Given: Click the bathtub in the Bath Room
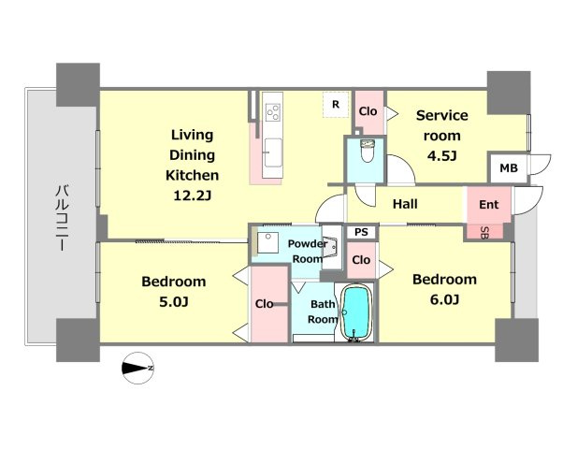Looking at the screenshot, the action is point(356,312).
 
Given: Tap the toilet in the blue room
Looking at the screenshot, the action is point(368,151).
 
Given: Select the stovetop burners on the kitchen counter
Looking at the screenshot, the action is point(273,111).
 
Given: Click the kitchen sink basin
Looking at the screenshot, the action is point(273,152).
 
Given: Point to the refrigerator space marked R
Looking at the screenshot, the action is point(335,105).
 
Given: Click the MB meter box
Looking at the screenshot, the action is point(508,168).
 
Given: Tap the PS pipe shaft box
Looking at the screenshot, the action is point(361,232).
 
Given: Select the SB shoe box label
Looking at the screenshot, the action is point(484,232).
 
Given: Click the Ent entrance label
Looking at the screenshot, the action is point(489,204).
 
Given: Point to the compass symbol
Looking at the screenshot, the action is point(137,368).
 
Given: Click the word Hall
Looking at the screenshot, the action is point(405,204).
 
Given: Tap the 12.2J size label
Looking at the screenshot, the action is point(192,196).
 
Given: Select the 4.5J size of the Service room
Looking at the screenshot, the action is point(441,156).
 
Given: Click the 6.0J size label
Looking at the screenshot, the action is point(444,300).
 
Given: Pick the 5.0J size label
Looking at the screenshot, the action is point(174,302).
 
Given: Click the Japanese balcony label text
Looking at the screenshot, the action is point(62,218).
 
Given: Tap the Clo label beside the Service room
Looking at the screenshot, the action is point(368,111).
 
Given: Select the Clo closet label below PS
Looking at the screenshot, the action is point(361,260).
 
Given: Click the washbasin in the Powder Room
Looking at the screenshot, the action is point(267,242).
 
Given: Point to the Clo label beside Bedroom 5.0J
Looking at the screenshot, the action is point(265,304).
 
